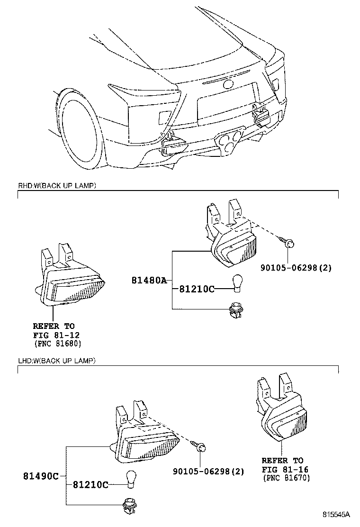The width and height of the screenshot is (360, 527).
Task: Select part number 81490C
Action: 40,476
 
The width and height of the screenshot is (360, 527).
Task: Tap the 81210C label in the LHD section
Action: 90,485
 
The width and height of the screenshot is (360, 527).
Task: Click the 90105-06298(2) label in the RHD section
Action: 296,268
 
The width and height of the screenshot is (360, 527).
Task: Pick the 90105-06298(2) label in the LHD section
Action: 208,471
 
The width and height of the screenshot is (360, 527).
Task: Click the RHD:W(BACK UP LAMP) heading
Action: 57,185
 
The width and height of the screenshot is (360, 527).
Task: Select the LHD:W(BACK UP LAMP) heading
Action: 57,361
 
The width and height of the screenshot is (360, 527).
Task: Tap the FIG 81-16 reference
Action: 282,469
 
